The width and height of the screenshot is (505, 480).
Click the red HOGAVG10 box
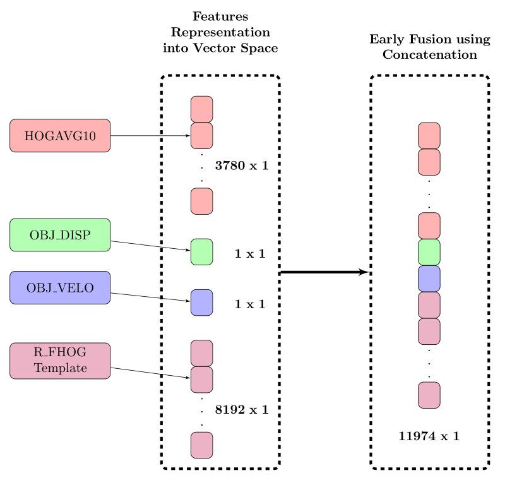click(60, 136)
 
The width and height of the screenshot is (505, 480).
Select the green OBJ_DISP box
click(60, 235)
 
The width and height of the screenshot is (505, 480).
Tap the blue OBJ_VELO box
click(60, 288)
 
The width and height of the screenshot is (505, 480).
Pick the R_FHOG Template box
click(60, 361)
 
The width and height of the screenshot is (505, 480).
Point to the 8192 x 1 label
click(242, 409)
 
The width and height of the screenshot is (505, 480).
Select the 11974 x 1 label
click(429, 435)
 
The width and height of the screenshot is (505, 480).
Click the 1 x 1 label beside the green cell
click(250, 254)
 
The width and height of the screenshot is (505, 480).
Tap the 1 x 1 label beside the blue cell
click(250, 304)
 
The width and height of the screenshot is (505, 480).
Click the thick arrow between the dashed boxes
click(323, 272)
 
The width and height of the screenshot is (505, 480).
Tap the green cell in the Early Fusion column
click(429, 252)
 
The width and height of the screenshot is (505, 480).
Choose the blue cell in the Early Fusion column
click(429, 279)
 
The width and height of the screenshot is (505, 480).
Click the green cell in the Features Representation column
click(201, 251)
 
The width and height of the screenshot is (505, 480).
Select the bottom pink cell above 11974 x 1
click(429, 395)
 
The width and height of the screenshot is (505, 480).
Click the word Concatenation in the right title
click(429, 54)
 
